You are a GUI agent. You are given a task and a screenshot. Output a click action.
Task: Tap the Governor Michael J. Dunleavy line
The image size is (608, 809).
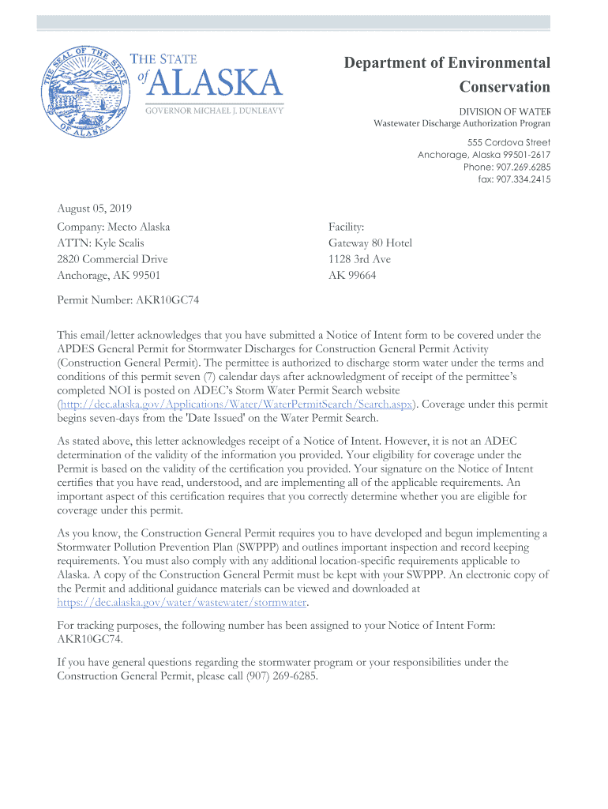(213, 110)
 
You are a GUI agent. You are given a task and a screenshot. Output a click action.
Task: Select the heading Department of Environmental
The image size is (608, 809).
(447, 63)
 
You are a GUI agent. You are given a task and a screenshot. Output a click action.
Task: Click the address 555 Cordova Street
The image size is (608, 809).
(509, 142)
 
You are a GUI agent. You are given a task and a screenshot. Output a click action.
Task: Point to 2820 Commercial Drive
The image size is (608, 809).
(112, 259)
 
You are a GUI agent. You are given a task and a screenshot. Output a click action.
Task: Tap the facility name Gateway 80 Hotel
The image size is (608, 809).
(370, 243)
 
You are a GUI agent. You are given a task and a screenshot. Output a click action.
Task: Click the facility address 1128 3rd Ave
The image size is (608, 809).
(359, 259)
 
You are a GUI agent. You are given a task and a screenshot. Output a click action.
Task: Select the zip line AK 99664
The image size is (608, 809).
(352, 276)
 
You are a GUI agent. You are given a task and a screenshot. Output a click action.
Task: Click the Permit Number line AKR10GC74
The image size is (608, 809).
(122, 301)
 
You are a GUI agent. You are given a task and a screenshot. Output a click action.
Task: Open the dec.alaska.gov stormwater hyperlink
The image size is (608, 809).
(182, 603)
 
